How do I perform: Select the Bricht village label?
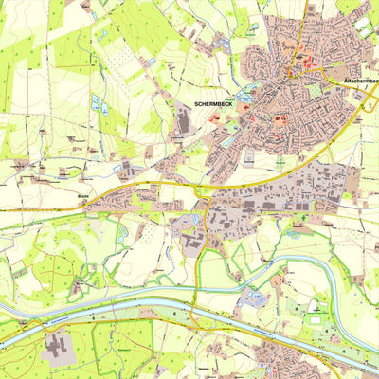coord(82,200)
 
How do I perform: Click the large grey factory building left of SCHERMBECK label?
coord(184,121)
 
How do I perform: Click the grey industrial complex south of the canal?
coord(57,348)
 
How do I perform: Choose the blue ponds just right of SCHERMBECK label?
coord(244,99)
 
